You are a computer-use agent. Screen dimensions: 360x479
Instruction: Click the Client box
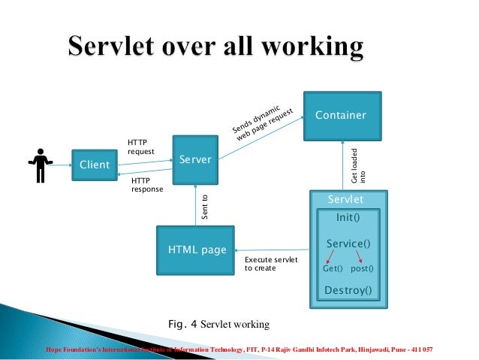(x=94, y=165)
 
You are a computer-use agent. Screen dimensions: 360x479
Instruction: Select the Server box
(x=195, y=159)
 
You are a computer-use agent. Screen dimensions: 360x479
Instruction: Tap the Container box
(x=342, y=116)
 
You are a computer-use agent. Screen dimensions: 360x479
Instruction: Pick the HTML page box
(x=195, y=250)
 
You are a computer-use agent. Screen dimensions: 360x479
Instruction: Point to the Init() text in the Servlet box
(x=347, y=218)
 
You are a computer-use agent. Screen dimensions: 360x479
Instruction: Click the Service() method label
(x=348, y=244)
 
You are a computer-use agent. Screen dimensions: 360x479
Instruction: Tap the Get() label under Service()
(x=333, y=268)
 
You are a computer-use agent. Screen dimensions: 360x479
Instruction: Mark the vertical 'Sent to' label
(x=203, y=208)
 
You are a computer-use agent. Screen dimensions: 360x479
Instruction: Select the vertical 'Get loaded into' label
(x=359, y=166)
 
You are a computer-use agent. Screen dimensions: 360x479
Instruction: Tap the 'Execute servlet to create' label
(x=271, y=264)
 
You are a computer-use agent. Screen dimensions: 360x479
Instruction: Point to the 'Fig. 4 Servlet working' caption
(x=217, y=325)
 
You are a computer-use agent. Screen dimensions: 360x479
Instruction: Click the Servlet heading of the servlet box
(x=346, y=199)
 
